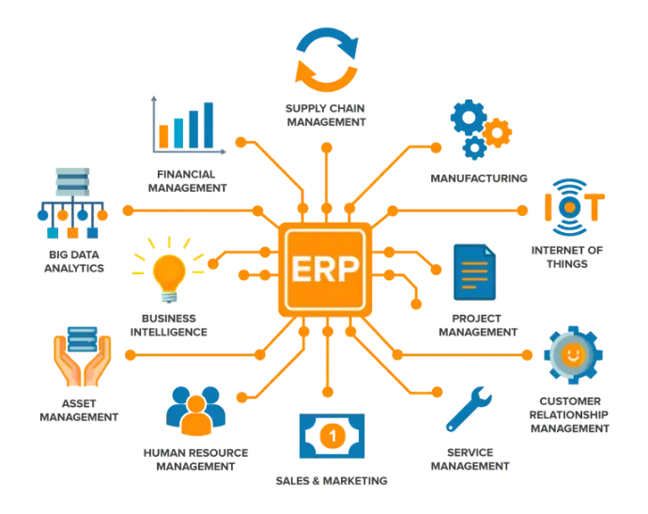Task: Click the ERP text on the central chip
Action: click(325, 269)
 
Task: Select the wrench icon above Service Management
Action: click(469, 409)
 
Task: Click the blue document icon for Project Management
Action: click(474, 273)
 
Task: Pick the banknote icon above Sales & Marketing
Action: click(332, 436)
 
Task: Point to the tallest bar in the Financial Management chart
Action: click(208, 125)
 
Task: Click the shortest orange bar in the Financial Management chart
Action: click(163, 136)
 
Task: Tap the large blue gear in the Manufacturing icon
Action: click(469, 117)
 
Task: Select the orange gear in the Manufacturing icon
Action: click(497, 132)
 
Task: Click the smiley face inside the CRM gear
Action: click(573, 354)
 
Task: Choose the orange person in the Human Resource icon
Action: click(196, 416)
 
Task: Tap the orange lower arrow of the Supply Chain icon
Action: click(325, 76)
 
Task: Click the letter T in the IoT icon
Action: click(594, 207)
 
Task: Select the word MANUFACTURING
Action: click(479, 179)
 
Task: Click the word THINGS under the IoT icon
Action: click(567, 264)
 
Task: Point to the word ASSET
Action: click(79, 403)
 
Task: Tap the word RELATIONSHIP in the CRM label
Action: click(569, 414)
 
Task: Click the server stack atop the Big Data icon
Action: click(72, 181)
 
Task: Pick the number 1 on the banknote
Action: click(332, 435)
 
